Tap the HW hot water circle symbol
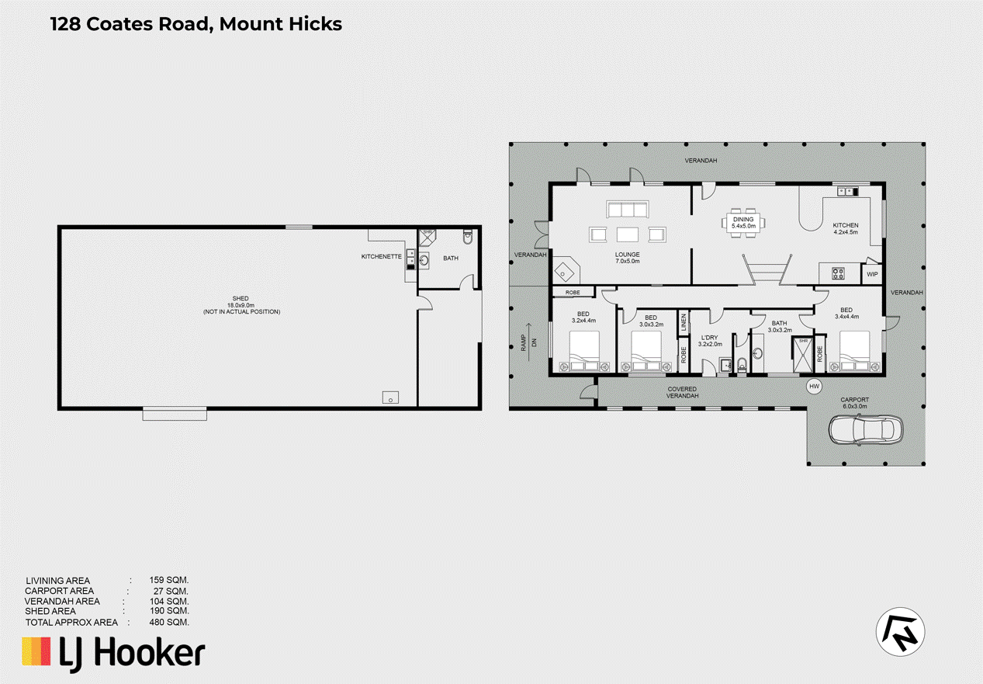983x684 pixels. pos(814,386)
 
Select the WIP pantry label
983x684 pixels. pos(872,274)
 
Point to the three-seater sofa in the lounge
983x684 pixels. pos(627,210)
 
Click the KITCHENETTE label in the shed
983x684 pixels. pos(381,256)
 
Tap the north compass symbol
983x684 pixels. pos(901,630)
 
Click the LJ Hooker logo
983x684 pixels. pos(113,652)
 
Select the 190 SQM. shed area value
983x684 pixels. pos(168,612)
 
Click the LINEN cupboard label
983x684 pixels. pos(684,321)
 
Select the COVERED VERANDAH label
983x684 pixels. pos(682,392)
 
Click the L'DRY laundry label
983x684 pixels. pos(711,340)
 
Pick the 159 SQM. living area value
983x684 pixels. pos(168,580)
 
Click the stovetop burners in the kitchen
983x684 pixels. pos(839,273)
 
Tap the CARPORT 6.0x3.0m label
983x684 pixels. pos(855,401)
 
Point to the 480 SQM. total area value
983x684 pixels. pos(168,623)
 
